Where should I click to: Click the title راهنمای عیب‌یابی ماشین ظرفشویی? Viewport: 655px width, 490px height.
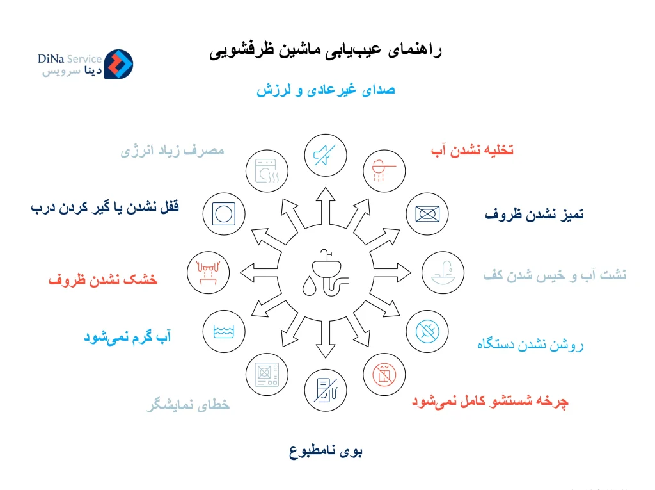click(326, 51)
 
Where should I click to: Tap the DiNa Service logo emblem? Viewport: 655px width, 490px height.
click(118, 64)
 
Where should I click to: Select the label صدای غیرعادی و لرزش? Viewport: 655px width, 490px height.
click(326, 90)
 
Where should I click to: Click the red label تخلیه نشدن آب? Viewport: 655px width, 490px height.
click(472, 151)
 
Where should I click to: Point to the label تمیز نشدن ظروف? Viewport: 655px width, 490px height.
click(534, 215)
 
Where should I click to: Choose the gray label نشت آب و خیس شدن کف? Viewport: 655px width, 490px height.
click(555, 275)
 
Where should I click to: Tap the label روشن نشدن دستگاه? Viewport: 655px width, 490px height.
click(530, 345)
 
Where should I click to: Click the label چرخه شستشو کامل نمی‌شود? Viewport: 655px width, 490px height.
click(490, 402)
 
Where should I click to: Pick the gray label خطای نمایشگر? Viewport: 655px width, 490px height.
click(187, 405)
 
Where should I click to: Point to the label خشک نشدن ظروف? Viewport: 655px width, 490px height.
click(103, 280)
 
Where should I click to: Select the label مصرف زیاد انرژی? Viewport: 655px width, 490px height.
click(172, 151)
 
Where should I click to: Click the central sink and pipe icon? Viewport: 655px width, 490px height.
click(326, 272)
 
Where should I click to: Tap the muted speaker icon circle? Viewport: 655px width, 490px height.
click(325, 154)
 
